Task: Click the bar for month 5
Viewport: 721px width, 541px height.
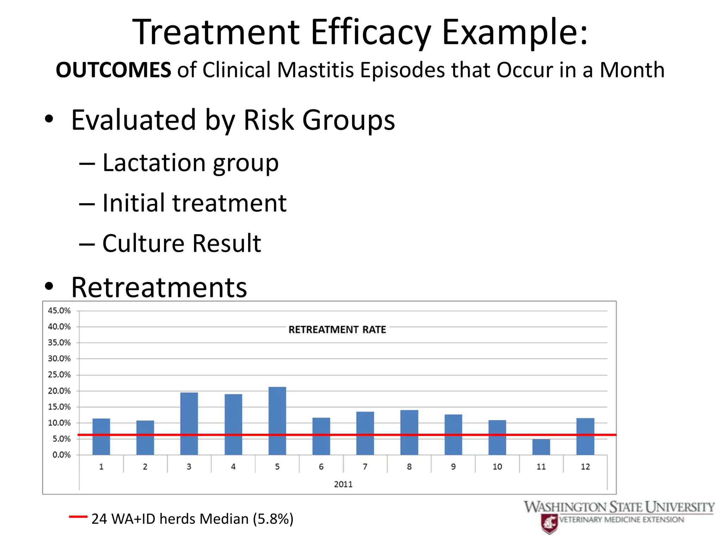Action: coord(277,421)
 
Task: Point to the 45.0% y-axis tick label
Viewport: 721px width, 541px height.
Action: coord(59,311)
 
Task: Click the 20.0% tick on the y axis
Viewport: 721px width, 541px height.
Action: coord(59,391)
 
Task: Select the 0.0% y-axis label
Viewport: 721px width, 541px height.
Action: coord(61,455)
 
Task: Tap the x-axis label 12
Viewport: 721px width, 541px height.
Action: coord(585,467)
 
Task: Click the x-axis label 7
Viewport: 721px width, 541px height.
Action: coord(365,467)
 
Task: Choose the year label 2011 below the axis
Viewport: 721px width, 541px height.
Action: coord(343,484)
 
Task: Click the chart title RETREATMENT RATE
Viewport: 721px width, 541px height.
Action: coord(337,330)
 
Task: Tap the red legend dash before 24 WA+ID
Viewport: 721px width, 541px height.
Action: coord(78,517)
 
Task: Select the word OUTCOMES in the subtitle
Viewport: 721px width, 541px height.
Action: coord(113,70)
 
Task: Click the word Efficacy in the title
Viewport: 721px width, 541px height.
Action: coord(370,32)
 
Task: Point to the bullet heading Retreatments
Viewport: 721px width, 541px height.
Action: coord(159,287)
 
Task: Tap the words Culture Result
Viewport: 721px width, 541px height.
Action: coord(181,243)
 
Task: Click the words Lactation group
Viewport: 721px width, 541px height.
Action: coord(190,163)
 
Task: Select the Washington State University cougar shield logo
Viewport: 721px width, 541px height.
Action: coord(549,523)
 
